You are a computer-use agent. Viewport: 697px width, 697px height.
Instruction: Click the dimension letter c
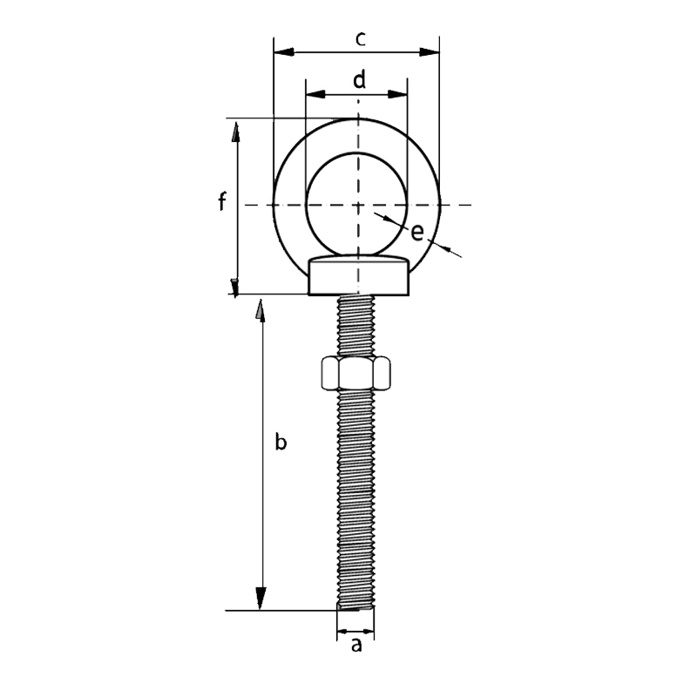(x=359, y=38)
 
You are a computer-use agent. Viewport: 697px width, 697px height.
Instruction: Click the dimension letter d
(x=358, y=80)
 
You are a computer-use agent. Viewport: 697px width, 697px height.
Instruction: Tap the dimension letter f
(x=222, y=203)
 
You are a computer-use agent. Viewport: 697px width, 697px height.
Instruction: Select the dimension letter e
(x=417, y=232)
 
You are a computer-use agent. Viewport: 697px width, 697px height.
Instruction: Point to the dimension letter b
(x=280, y=443)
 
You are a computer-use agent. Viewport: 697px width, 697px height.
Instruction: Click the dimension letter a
(x=355, y=646)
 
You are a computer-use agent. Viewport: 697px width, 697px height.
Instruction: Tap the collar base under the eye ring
(x=358, y=281)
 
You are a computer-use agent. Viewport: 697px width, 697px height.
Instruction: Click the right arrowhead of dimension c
(x=430, y=52)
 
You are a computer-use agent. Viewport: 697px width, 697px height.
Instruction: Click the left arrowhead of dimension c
(x=282, y=52)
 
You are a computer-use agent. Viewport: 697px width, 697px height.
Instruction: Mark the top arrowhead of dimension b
(x=260, y=310)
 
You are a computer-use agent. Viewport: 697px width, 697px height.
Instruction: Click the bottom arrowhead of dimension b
(x=260, y=601)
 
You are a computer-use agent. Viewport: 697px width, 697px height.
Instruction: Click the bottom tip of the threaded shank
(x=356, y=607)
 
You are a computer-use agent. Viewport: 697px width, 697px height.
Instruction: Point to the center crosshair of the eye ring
(x=358, y=206)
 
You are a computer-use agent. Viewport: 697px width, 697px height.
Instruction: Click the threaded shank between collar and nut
(x=357, y=327)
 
